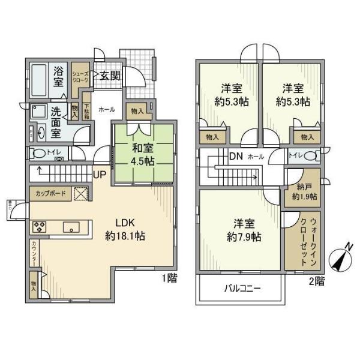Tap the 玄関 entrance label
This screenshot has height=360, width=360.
pyautogui.click(x=109, y=76)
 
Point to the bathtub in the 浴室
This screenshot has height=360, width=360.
pyautogui.click(x=41, y=78)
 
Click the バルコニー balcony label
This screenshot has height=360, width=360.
pyautogui.click(x=241, y=289)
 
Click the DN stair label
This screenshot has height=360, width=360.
pyautogui.click(x=235, y=156)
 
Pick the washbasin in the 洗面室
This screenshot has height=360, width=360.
pyautogui.click(x=41, y=132)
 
